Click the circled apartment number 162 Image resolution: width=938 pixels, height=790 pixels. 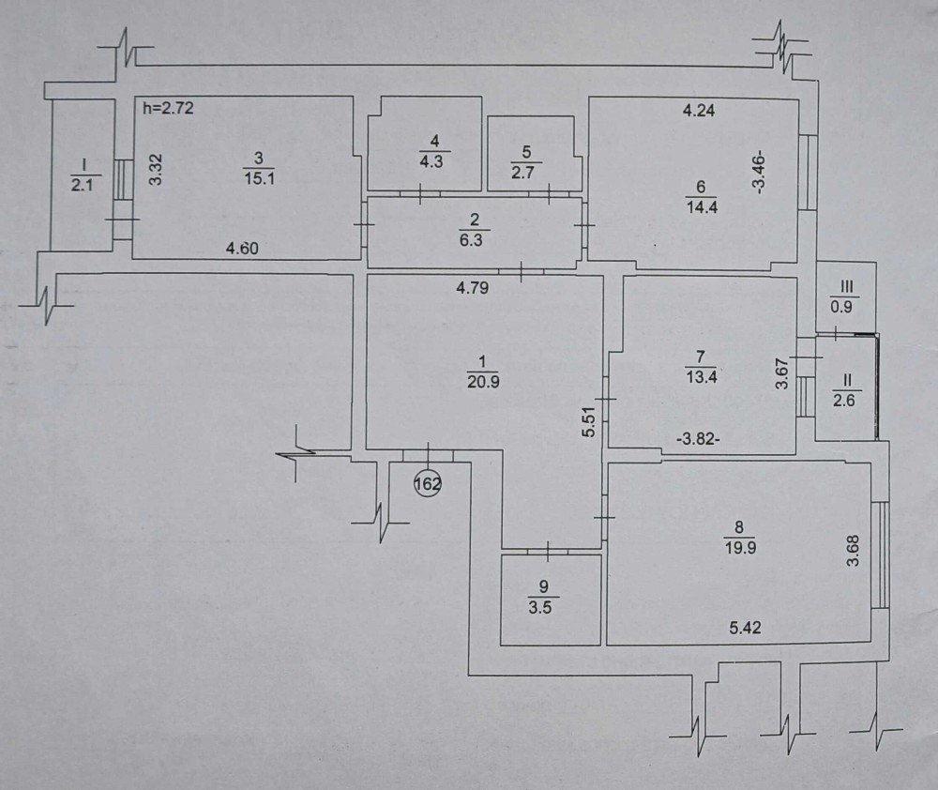click(x=427, y=484)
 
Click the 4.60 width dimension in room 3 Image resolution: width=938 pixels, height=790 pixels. click(x=243, y=249)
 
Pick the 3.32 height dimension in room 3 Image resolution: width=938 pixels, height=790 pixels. click(x=157, y=169)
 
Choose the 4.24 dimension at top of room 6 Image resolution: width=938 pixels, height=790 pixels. click(x=699, y=110)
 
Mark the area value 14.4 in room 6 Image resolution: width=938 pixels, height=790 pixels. click(x=703, y=207)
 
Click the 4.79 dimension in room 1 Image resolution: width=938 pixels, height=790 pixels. click(x=475, y=289)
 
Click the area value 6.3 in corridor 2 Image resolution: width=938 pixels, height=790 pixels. click(x=474, y=239)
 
